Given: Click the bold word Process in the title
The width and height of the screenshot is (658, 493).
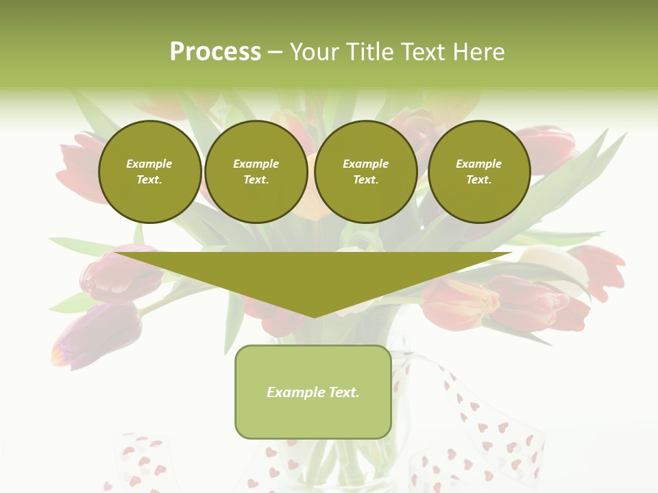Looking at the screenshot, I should coord(215,52).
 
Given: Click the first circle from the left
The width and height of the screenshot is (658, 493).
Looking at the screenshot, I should coord(149,172).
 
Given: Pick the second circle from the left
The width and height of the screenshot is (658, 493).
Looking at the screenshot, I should coord(256,172).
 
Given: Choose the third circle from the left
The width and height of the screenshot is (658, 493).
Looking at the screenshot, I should coord(365,172).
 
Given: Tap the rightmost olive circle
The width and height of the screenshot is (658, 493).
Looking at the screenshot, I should coord(479,172).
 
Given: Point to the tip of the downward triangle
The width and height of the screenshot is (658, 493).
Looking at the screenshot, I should coord(314,316).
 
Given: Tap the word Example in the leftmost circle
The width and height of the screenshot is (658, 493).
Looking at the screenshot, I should coord(149,164).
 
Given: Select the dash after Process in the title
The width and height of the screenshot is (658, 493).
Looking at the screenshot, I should coord(274,52).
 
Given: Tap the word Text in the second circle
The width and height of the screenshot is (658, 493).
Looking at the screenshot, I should coord(255,180).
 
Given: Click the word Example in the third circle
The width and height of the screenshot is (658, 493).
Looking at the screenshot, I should coord(365,164).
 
